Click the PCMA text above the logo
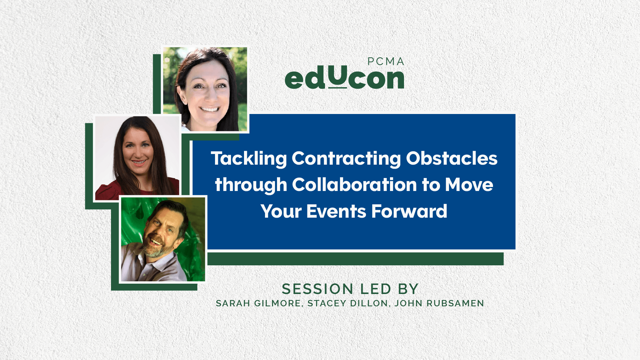(386, 62)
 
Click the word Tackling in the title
(249, 159)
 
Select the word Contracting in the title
(346, 158)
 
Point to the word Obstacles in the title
(452, 158)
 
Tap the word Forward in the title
(409, 211)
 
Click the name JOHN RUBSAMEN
(439, 304)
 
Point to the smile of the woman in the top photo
(209, 109)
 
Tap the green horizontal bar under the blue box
(355, 259)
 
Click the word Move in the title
(469, 185)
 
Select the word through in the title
(251, 185)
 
